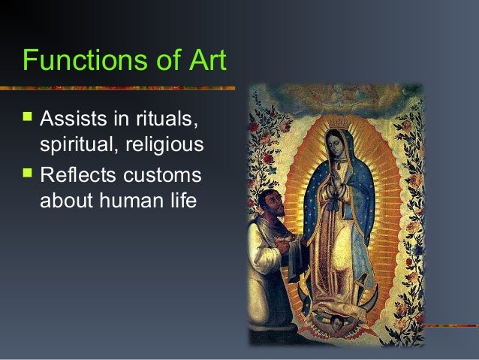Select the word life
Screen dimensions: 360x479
coord(179,200)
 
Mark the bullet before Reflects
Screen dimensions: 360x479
coord(29,175)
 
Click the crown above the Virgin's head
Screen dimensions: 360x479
coord(337,120)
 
